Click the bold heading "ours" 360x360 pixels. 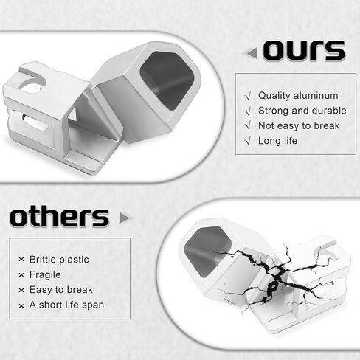point(304,51)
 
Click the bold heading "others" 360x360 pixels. point(59,218)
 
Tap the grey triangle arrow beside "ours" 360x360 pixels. point(252,53)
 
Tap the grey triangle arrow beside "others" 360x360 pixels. point(125,218)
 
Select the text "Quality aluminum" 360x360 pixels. point(298,96)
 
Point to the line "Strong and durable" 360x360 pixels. point(302,111)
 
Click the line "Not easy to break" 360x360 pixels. point(299,125)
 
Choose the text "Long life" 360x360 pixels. point(277,141)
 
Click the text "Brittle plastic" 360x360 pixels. point(59,260)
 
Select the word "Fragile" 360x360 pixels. point(45,274)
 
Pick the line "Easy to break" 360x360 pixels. point(61,290)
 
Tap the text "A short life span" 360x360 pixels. point(66,305)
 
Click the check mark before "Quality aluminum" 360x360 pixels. point(248,96)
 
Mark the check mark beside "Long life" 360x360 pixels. point(248,141)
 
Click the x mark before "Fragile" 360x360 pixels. point(21,275)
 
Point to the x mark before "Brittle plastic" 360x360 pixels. point(21,260)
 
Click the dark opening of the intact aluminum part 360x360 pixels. point(167,80)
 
